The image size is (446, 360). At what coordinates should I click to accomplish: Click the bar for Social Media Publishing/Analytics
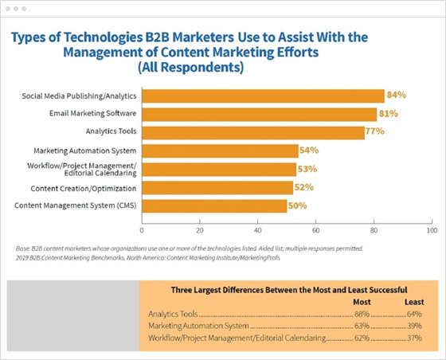pos(263,96)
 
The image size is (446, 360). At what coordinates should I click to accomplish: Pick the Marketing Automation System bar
pos(220,151)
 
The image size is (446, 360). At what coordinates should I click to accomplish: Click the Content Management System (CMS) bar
pos(214,206)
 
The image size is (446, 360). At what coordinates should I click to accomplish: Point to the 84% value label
pos(396,95)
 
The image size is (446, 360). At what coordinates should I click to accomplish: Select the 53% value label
pos(307,169)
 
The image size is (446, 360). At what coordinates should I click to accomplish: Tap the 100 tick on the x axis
pos(431,230)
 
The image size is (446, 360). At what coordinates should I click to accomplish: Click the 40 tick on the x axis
pos(257,230)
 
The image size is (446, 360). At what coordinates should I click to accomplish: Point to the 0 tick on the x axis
pos(142,230)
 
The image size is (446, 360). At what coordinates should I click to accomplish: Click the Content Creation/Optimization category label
pos(83,188)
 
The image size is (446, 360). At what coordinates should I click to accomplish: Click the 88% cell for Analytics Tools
pos(362,314)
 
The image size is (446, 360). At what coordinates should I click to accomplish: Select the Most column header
pos(362,302)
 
